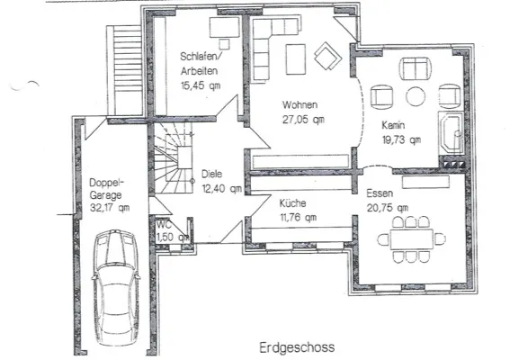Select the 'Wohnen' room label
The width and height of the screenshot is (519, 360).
click(x=300, y=104)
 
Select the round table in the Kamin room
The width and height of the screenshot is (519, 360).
click(x=416, y=96)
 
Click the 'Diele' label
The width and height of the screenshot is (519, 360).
click(x=212, y=175)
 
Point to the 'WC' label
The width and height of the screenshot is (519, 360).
click(x=164, y=225)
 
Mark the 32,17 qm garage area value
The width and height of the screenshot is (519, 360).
click(x=110, y=206)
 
